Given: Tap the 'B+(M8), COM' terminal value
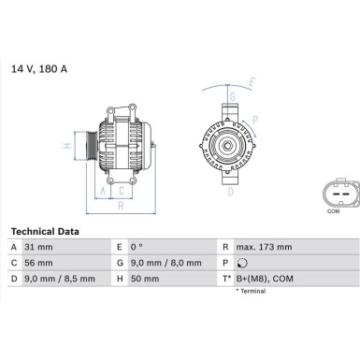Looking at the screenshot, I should click(x=267, y=279).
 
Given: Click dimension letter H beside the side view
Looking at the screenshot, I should click(x=66, y=146).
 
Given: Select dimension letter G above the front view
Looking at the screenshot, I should click(x=231, y=96).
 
